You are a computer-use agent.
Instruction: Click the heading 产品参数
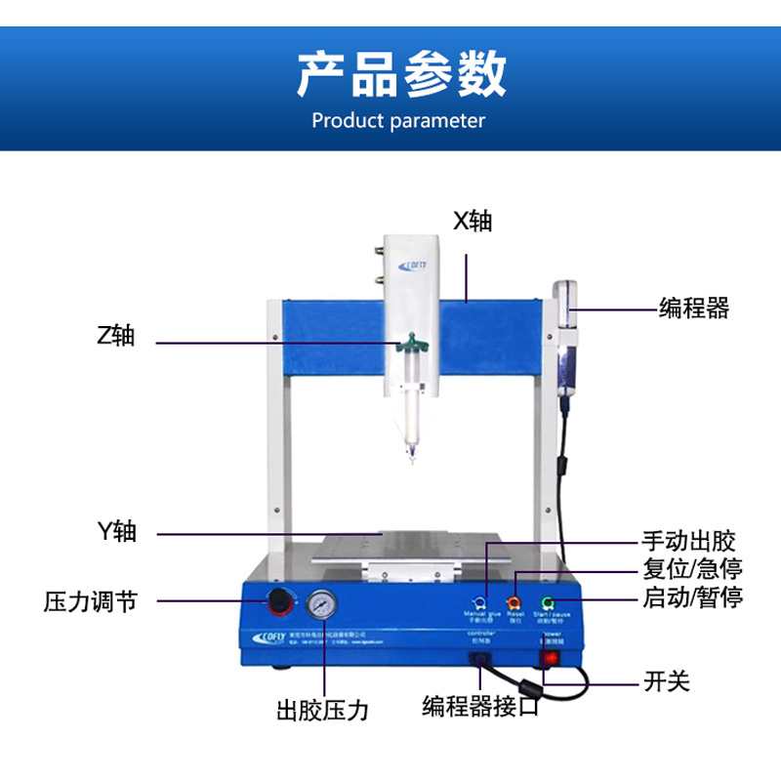coord(401,74)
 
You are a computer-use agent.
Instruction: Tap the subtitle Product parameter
coord(397,121)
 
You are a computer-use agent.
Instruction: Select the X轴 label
coord(473,222)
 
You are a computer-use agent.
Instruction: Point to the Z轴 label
coord(116,337)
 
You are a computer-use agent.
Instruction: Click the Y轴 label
coord(116,532)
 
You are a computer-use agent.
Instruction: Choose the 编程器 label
coord(694,308)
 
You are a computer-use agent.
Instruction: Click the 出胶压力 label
coord(322,710)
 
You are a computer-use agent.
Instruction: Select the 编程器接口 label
coord(480,707)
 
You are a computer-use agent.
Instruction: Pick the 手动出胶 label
coord(688,540)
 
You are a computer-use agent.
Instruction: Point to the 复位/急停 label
coord(688,569)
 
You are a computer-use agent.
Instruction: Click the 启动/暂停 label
coord(693,597)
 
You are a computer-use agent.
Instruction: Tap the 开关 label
coord(667,680)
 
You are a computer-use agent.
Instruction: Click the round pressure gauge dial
coord(321,606)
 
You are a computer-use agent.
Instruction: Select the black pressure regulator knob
coord(280,601)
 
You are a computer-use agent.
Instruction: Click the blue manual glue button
coord(479,602)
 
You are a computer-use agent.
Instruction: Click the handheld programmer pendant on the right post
coord(566,337)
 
